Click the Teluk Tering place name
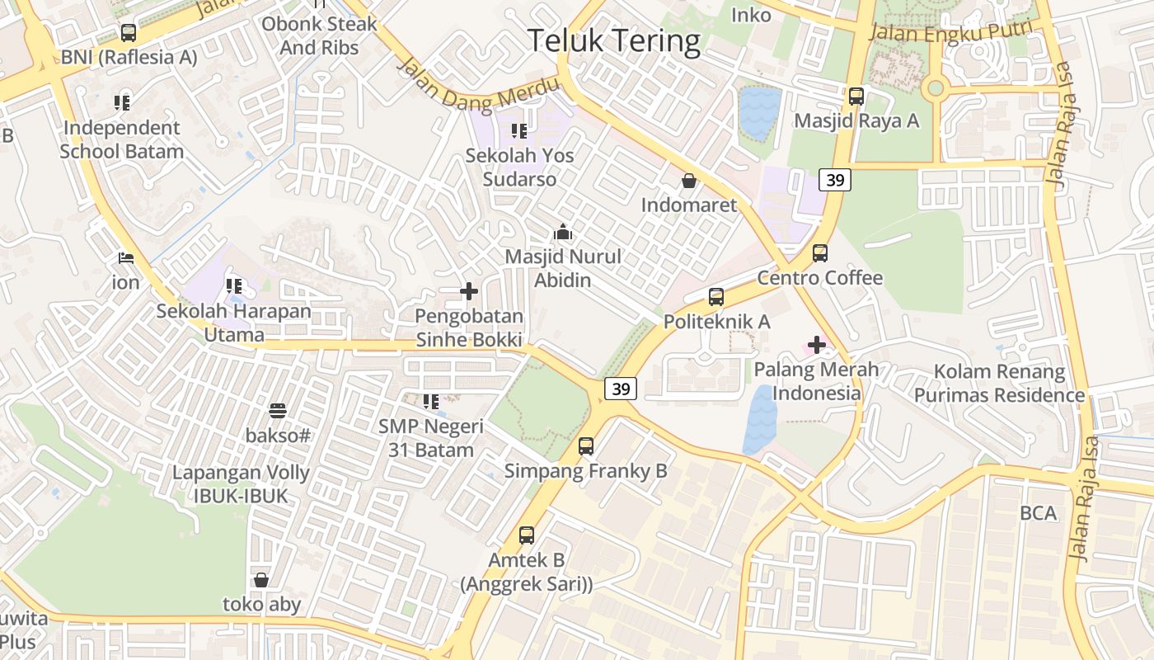(x=613, y=40)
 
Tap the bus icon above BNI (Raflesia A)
(x=129, y=33)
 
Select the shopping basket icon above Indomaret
(x=688, y=181)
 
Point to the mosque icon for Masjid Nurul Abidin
(x=563, y=233)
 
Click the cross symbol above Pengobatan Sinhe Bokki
(x=468, y=291)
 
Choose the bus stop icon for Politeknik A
(x=715, y=297)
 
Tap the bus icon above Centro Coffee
(x=819, y=253)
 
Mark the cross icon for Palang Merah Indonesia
(x=816, y=345)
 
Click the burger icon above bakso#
(x=277, y=410)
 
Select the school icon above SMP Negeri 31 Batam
(x=430, y=402)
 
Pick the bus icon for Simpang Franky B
(x=585, y=446)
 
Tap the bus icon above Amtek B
(x=527, y=535)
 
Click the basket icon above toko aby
(x=261, y=580)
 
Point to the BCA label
(x=1038, y=513)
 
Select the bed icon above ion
(x=126, y=258)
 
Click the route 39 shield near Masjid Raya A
(x=835, y=180)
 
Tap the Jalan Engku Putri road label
(x=950, y=31)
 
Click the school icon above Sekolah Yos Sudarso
(x=518, y=130)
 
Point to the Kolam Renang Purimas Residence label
(x=999, y=384)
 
